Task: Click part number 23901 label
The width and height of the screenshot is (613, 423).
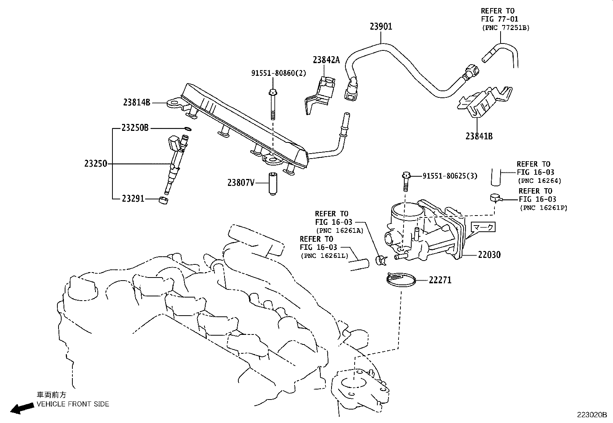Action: point(381,27)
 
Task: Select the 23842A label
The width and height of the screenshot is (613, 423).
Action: point(326,60)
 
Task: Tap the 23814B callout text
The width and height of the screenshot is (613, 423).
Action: point(137,102)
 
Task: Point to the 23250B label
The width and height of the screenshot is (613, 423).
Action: point(135,128)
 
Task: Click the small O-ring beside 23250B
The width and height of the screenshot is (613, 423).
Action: point(187,128)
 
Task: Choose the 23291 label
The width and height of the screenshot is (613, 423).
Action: point(133,199)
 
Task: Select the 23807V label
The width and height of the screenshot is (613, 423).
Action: point(241,183)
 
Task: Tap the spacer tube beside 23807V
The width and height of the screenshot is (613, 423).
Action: point(273,184)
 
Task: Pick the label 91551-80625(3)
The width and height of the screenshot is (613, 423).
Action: point(450,176)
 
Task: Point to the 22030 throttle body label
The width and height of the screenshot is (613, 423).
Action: point(489,254)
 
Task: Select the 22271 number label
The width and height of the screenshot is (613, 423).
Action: point(440,280)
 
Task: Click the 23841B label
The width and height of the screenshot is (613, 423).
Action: point(479,136)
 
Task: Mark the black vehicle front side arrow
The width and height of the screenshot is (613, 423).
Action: point(21,408)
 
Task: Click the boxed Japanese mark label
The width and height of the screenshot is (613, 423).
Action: point(483,227)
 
